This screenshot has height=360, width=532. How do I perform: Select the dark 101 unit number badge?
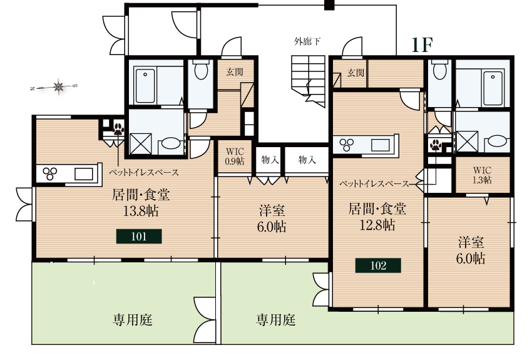click(x=139, y=236)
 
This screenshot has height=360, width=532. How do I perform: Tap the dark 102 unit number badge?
click(x=378, y=265)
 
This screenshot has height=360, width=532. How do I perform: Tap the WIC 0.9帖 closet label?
click(x=235, y=156)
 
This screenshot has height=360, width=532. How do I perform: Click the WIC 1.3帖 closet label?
click(x=482, y=174)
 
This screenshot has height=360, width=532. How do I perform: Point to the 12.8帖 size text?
click(x=377, y=224)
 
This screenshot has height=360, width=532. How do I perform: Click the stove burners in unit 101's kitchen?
click(x=49, y=173)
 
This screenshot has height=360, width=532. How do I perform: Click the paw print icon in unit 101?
click(x=118, y=130)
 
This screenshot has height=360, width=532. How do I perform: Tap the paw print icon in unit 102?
click(x=435, y=147)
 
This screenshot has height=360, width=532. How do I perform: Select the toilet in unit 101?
click(x=201, y=70)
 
